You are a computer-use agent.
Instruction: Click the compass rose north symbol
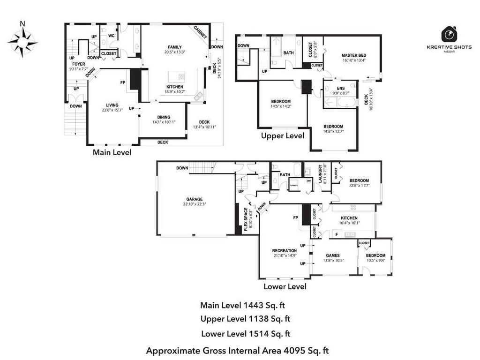pyautogui.click(x=22, y=42)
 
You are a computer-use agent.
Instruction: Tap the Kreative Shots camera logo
pyautogui.click(x=449, y=35)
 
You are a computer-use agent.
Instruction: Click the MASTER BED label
pyautogui.click(x=353, y=55)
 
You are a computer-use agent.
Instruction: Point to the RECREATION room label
pyautogui.click(x=285, y=251)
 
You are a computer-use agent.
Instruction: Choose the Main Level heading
pyautogui.click(x=112, y=152)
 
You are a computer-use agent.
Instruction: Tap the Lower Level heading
pyautogui.click(x=285, y=286)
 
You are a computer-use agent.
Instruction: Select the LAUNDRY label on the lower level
pyautogui.click(x=321, y=173)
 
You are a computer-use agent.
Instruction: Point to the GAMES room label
pyautogui.click(x=333, y=255)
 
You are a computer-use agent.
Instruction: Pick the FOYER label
pyautogui.click(x=79, y=64)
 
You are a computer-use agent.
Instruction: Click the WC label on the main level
pyautogui.click(x=112, y=36)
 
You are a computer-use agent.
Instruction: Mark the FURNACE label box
pyautogui.click(x=294, y=185)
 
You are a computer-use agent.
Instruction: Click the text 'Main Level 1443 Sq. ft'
pyautogui.click(x=242, y=305)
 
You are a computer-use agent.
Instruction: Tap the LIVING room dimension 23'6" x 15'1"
pyautogui.click(x=112, y=110)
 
